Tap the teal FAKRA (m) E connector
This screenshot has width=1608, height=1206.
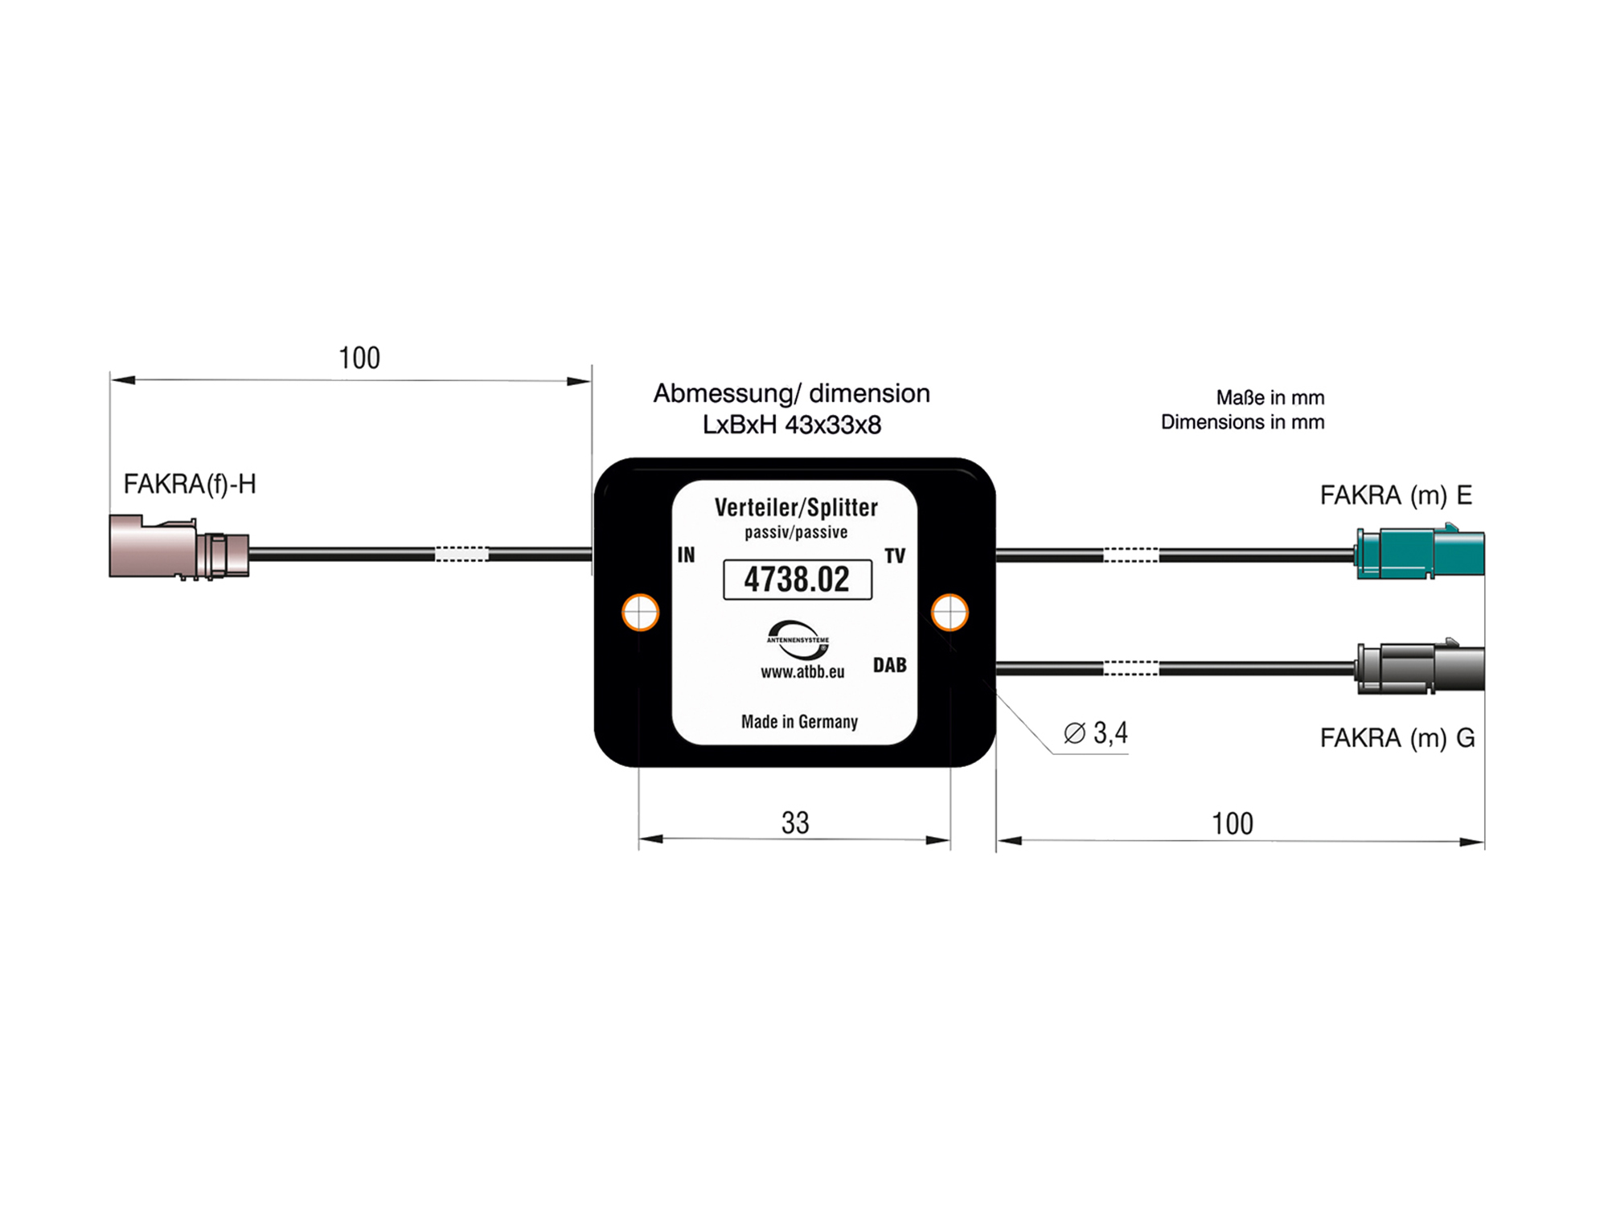pyautogui.click(x=1419, y=553)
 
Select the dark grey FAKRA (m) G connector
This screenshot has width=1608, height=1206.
pyautogui.click(x=1419, y=667)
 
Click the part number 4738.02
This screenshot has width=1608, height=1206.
pyautogui.click(x=797, y=580)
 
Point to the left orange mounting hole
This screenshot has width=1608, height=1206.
pyautogui.click(x=641, y=613)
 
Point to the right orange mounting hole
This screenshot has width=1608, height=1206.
pyautogui.click(x=950, y=613)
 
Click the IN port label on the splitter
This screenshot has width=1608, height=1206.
pyautogui.click(x=686, y=555)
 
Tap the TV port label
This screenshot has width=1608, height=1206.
pyautogui.click(x=895, y=556)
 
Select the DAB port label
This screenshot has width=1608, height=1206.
pyautogui.click(x=889, y=665)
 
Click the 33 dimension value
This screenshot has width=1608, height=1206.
pyautogui.click(x=795, y=822)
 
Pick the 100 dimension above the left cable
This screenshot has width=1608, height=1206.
pyautogui.click(x=359, y=358)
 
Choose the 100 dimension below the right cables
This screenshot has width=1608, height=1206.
pyautogui.click(x=1232, y=823)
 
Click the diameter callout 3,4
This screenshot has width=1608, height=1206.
pyautogui.click(x=1097, y=733)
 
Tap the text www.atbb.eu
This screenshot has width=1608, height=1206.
pyautogui.click(x=802, y=672)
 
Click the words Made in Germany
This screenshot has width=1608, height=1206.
pyautogui.click(x=799, y=721)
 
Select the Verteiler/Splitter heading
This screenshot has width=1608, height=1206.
pyautogui.click(x=796, y=507)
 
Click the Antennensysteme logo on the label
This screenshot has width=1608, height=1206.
pyautogui.click(x=797, y=639)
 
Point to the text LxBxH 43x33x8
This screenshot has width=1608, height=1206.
pyautogui.click(x=791, y=425)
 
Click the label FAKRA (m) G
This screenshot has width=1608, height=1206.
pyautogui.click(x=1397, y=737)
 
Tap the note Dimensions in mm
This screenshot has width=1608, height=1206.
pyautogui.click(x=1242, y=422)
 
